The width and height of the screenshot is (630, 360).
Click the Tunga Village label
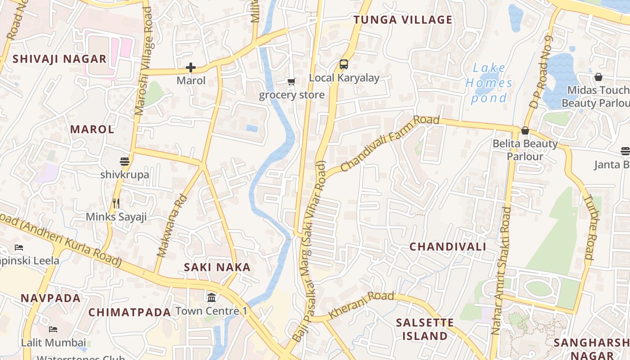tap(402, 20)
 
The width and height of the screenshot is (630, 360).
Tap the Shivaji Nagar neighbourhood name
tap(59, 59)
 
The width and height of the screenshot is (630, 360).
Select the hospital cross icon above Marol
tap(191, 68)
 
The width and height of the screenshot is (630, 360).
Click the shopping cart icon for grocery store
tap(292, 81)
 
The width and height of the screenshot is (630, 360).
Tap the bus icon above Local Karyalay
tap(344, 64)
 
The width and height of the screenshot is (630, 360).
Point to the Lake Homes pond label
tap(489, 83)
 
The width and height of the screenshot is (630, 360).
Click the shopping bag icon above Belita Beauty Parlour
tap(525, 131)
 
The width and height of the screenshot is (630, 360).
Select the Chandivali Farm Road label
tap(389, 143)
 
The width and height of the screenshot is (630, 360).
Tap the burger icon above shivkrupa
tap(125, 162)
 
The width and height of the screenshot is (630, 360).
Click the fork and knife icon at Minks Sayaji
tap(116, 203)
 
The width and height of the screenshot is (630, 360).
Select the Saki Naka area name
tap(217, 267)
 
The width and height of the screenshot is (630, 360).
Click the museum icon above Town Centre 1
tap(211, 298)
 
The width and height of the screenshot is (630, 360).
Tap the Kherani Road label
tap(361, 305)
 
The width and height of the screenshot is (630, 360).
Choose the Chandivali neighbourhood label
tap(447, 247)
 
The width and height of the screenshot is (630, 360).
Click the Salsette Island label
tap(425, 329)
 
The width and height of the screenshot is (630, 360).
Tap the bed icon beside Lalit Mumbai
tap(53, 329)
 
